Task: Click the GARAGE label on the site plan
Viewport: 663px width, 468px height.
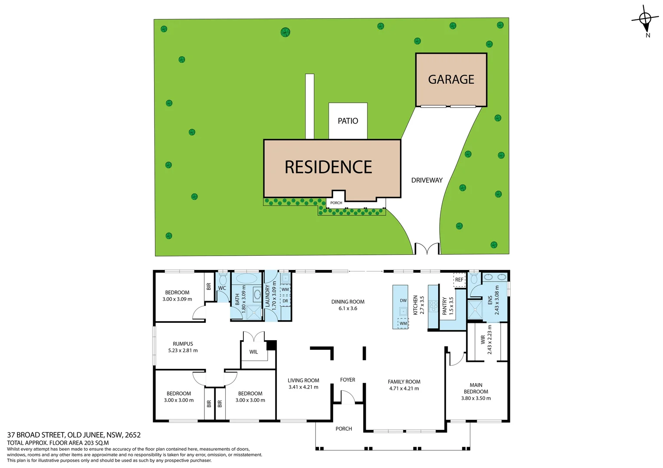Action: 451,80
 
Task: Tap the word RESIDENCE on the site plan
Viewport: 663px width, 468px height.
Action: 328,167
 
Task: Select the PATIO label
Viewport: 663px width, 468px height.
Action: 348,121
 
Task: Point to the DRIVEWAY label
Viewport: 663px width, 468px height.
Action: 427,180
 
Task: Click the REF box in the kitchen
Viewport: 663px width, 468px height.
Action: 459,280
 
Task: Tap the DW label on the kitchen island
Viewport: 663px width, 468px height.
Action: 403,300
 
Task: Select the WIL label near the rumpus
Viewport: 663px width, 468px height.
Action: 253,352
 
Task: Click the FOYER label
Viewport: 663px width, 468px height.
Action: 348,380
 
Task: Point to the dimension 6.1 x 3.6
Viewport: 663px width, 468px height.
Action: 348,309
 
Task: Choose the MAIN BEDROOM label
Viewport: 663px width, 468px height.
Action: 476,388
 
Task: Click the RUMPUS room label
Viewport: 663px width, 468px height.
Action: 183,344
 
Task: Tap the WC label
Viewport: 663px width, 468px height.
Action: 222,288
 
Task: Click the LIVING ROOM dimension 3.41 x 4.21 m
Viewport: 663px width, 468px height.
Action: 303,387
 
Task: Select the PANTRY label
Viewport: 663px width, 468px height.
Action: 444,305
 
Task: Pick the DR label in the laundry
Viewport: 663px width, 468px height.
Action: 285,301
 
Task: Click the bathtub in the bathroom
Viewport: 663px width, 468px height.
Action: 246,278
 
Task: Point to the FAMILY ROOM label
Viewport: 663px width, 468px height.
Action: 404,382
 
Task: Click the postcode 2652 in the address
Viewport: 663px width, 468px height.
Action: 133,435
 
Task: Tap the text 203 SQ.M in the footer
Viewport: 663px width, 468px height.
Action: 95,443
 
